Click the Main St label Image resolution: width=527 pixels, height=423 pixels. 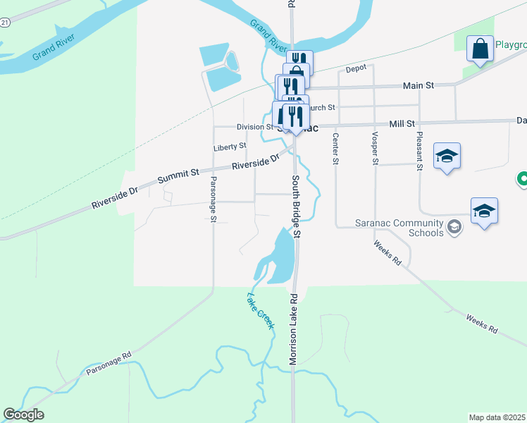click(x=418, y=85)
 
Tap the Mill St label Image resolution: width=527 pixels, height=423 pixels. click(x=402, y=123)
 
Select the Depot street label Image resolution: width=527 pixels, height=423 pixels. click(x=358, y=70)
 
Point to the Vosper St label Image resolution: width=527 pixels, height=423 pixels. click(x=376, y=148)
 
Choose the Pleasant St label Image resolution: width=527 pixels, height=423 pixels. click(x=419, y=151)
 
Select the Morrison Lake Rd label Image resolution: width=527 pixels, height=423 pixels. click(x=293, y=329)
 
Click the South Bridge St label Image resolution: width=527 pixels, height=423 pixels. click(x=297, y=206)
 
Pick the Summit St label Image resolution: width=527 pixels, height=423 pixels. click(x=179, y=176)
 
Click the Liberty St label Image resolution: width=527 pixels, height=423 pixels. click(x=230, y=147)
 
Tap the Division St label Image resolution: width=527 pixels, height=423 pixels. click(x=254, y=127)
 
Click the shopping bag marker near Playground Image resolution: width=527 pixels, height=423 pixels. click(x=480, y=49)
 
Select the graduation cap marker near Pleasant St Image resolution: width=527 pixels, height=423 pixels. click(x=447, y=156)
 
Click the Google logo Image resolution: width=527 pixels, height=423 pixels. click(x=23, y=415)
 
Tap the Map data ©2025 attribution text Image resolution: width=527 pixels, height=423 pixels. click(x=497, y=417)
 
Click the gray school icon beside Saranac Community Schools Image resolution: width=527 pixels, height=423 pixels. click(x=454, y=226)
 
